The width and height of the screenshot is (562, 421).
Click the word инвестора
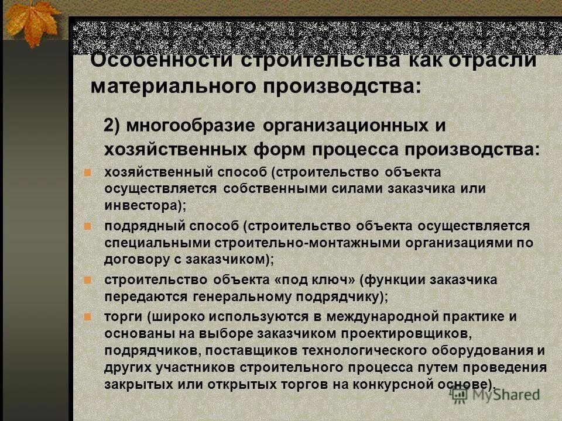click(140, 205)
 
